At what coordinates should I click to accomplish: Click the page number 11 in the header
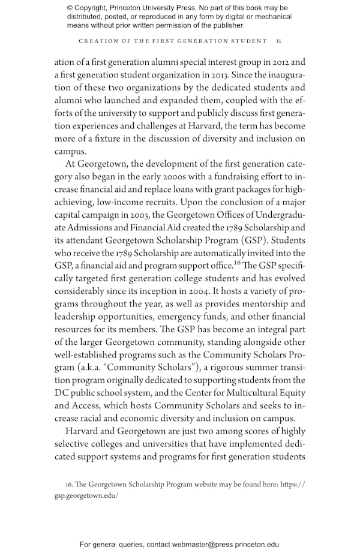[x=278, y=41]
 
